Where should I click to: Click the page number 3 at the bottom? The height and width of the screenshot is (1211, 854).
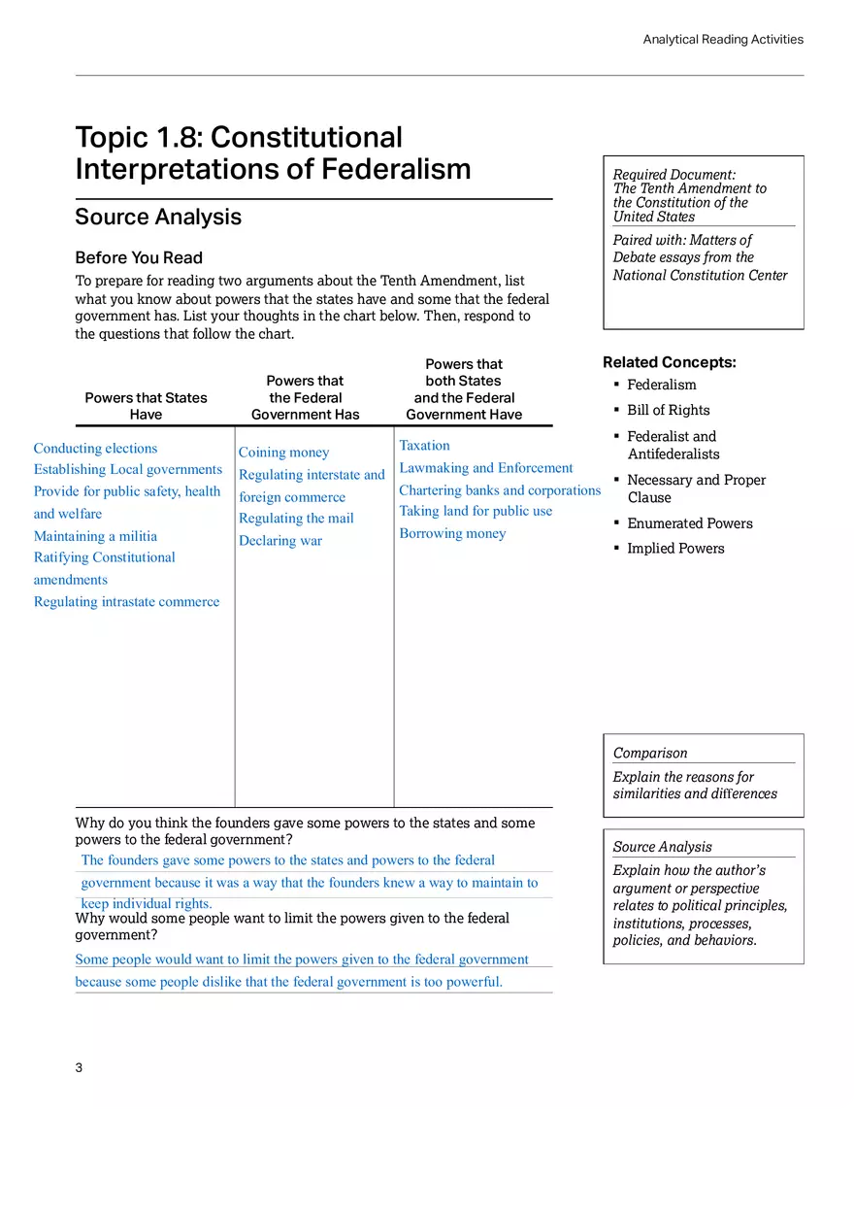(x=80, y=1068)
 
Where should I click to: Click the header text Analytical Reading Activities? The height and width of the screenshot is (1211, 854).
(x=723, y=40)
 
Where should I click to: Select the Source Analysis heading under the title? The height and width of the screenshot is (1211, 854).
(x=158, y=217)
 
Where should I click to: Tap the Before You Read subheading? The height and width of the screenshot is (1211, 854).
(x=139, y=257)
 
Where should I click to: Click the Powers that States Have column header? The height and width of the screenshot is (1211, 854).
(x=146, y=406)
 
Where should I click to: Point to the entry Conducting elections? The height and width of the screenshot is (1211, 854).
(x=95, y=449)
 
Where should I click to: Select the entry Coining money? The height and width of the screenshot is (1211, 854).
(x=283, y=453)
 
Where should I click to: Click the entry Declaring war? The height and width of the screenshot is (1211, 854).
(x=280, y=541)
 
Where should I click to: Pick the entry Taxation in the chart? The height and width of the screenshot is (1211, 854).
(x=424, y=446)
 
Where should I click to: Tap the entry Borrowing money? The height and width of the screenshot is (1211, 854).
(x=452, y=533)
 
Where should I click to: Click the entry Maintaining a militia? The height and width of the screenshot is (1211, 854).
(x=95, y=536)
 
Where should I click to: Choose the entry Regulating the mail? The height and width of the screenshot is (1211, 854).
(x=296, y=519)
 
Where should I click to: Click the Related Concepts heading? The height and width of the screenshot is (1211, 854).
(x=670, y=362)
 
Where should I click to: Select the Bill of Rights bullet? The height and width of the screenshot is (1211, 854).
(x=668, y=410)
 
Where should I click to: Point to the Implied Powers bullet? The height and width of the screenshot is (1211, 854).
(x=675, y=549)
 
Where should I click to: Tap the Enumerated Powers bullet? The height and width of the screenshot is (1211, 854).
(x=689, y=523)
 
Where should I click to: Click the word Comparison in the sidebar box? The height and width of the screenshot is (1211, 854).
(x=650, y=754)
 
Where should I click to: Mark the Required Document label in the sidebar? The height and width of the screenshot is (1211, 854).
(x=673, y=175)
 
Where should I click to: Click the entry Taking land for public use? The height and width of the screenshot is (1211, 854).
(x=476, y=511)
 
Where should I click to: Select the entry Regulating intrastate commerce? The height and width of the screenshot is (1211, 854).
(x=126, y=602)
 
